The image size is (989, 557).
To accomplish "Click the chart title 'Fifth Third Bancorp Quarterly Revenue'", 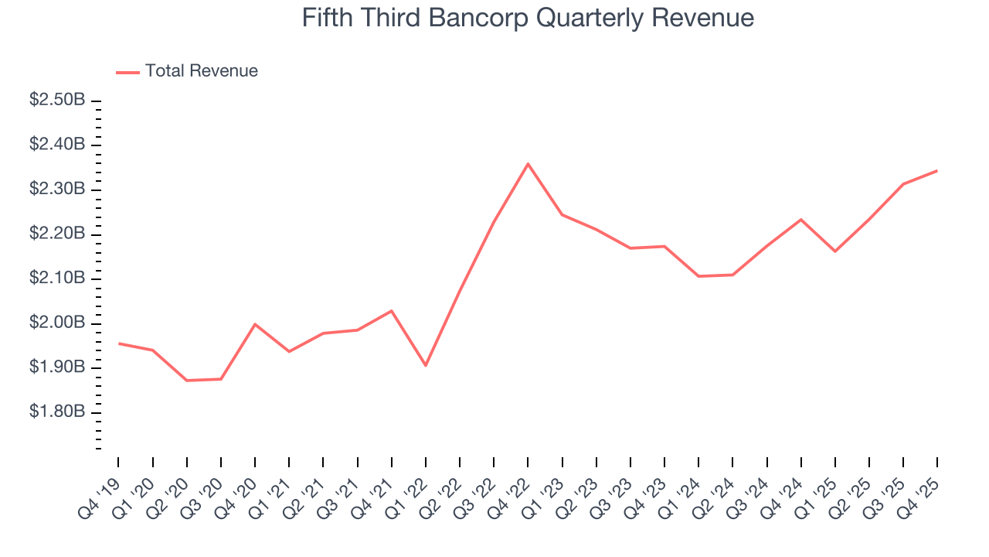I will click(x=528, y=18).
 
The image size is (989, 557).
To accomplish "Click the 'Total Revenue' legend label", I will click(x=201, y=71).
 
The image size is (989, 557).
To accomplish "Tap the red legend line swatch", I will click(x=127, y=72).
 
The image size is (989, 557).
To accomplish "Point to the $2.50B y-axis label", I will click(x=57, y=101).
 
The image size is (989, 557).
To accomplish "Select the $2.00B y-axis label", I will click(x=57, y=323).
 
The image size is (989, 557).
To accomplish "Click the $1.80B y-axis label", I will click(x=57, y=412).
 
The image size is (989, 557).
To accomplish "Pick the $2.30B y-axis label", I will click(x=57, y=190).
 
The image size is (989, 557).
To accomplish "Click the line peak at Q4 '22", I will click(x=528, y=163).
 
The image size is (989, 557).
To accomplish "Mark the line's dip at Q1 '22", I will click(x=426, y=365).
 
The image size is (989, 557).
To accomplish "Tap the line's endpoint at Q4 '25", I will click(x=937, y=170).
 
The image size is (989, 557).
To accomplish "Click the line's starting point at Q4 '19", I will click(x=118, y=343).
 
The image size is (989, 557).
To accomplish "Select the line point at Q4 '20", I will click(x=255, y=324).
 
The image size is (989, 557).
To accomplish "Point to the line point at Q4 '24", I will click(x=801, y=220).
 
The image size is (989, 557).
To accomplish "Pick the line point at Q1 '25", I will click(x=835, y=251).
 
